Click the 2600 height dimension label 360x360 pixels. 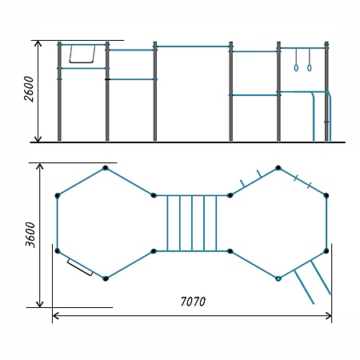pyautogui.click(x=29, y=89)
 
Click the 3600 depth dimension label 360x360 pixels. pyautogui.click(x=30, y=234)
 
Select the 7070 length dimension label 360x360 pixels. pyautogui.click(x=193, y=302)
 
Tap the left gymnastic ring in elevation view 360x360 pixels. pyautogui.click(x=296, y=68)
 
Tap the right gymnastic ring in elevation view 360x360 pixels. pyautogui.click(x=309, y=68)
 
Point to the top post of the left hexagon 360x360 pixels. pyautogui.click(x=106, y=168)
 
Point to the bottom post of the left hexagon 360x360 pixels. pyautogui.click(x=106, y=278)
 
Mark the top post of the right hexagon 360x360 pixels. pyautogui.click(x=278, y=168)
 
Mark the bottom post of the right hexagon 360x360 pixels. pyautogui.click(x=278, y=278)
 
